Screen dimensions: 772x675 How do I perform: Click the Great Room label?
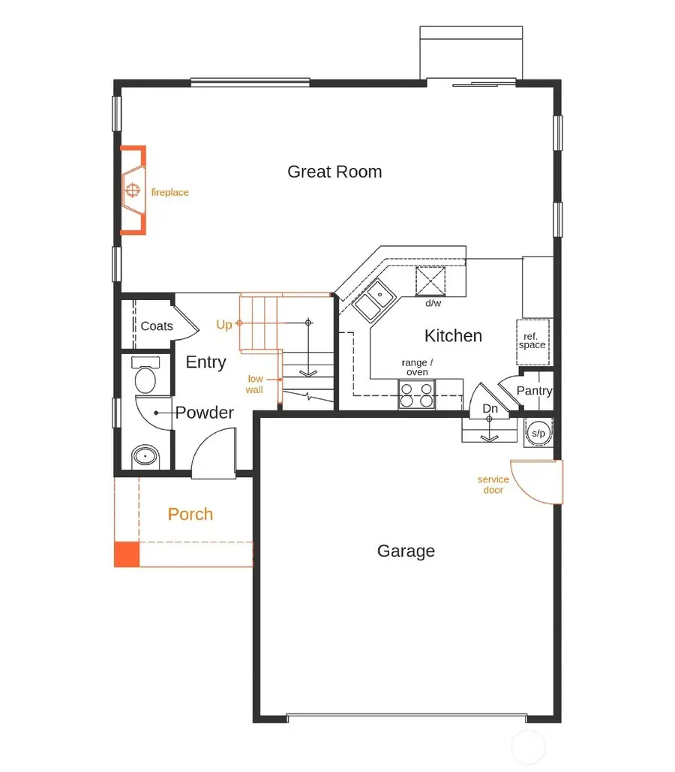(334, 172)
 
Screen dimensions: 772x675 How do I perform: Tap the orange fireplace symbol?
(133, 191)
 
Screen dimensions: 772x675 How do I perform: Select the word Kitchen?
(453, 335)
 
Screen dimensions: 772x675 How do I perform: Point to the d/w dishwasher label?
(433, 303)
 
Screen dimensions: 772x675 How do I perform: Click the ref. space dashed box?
(532, 341)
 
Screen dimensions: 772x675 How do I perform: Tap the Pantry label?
(534, 391)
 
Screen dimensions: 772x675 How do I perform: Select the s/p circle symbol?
(538, 434)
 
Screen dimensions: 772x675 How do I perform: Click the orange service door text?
(493, 485)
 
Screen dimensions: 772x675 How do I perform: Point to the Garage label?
(406, 551)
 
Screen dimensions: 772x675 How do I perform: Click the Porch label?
(190, 515)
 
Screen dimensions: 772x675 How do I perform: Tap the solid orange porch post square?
(126, 554)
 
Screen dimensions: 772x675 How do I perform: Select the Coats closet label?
(157, 326)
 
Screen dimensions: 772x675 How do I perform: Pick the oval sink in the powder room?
(145, 456)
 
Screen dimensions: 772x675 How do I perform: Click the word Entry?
(205, 362)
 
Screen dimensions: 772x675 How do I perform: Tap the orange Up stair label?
(224, 325)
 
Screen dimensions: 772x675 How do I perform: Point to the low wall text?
(255, 384)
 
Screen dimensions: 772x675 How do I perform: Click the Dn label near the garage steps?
(490, 409)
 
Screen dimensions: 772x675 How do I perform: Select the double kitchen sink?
(376, 300)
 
